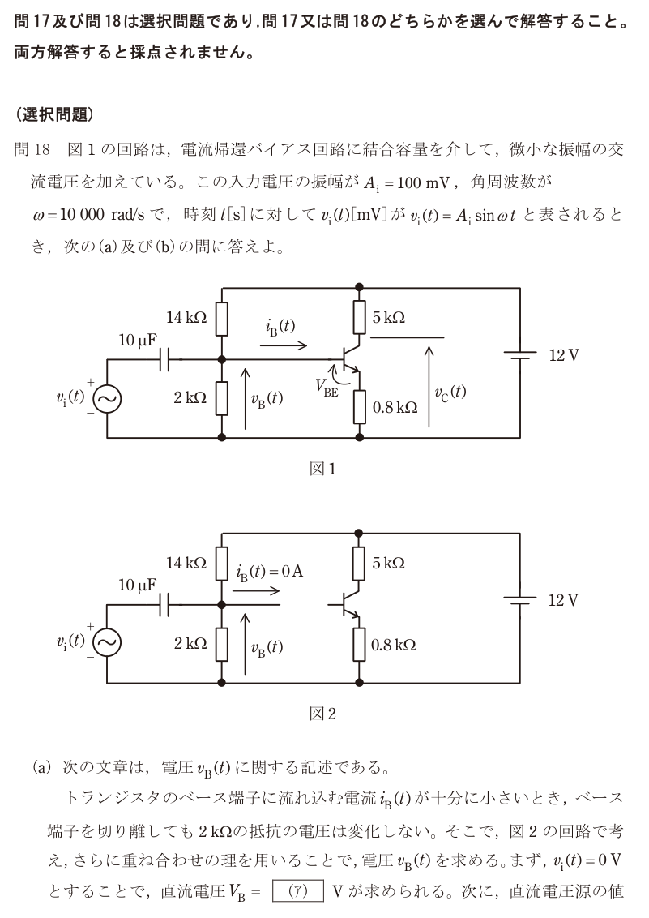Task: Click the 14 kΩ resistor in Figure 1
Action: pos(221,319)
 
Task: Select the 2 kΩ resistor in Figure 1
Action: pos(221,398)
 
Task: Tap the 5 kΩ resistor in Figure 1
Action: pos(359,317)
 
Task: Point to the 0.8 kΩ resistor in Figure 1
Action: pos(359,407)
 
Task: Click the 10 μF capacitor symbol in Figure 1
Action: pos(164,359)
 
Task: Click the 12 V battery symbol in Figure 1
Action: pos(520,355)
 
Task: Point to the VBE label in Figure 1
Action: pos(327,388)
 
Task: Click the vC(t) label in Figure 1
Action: pos(450,393)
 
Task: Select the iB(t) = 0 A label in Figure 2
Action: pos(270,572)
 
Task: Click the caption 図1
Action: pos(322,469)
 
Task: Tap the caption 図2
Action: pos(322,714)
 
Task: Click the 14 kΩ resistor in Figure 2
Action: pos(221,564)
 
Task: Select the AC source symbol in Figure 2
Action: pos(107,643)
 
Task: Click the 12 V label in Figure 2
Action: pos(563,601)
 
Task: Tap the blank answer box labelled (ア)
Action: pos(298,892)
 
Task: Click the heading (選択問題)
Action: pos(54,114)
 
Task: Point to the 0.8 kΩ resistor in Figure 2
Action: pos(359,645)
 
